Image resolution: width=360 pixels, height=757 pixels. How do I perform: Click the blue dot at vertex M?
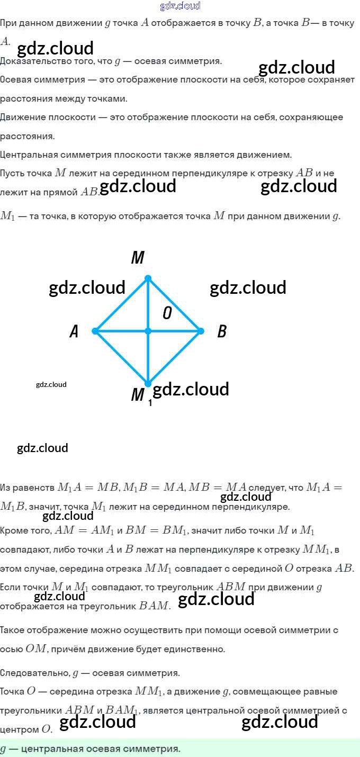point(148,278)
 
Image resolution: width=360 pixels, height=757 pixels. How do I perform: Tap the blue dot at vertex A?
point(95,331)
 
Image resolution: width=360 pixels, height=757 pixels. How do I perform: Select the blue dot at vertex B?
point(201,331)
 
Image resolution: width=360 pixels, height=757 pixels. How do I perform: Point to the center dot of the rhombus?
point(148,331)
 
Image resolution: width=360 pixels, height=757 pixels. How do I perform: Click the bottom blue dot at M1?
point(148,384)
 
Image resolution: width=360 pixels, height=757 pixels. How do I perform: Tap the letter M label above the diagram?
point(138,258)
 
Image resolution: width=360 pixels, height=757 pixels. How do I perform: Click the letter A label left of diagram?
point(74,332)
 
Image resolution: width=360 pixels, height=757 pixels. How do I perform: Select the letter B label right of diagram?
point(222,332)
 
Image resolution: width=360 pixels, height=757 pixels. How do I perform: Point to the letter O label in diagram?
point(167,313)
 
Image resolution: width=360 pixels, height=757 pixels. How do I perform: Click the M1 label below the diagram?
point(139,395)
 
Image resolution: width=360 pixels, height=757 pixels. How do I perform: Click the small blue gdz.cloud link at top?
point(180,6)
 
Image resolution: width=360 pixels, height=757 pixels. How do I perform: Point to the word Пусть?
point(13,173)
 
